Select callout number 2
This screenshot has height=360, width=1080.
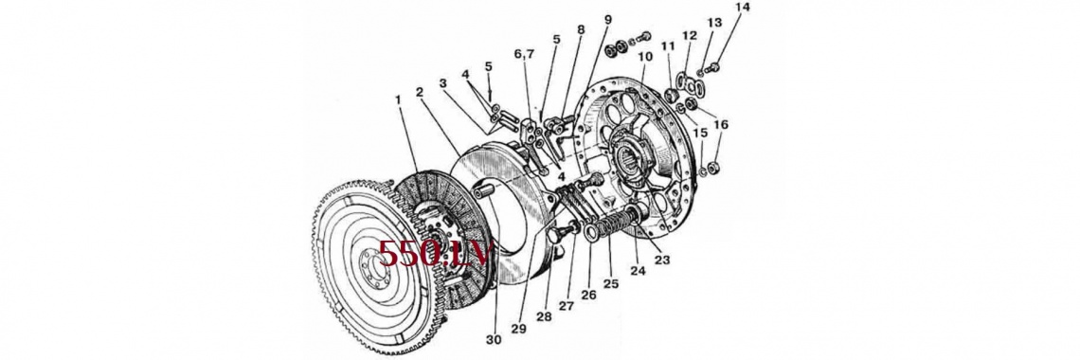[420, 92]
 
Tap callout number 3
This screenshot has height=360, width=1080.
[442, 83]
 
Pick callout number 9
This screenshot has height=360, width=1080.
[607, 19]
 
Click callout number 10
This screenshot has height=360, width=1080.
[645, 56]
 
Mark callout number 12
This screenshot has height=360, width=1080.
[690, 35]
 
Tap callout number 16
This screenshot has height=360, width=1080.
[720, 125]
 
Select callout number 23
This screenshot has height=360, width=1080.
[662, 261]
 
